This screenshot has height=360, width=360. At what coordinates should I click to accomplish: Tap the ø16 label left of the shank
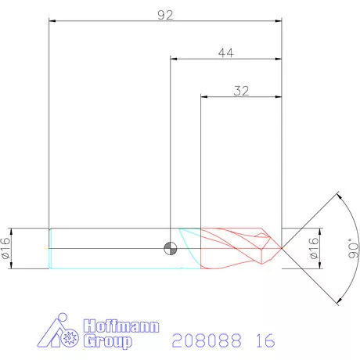coord(6,249)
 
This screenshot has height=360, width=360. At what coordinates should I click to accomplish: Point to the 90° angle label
coord(354,249)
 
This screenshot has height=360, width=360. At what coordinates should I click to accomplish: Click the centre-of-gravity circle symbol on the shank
coord(170,249)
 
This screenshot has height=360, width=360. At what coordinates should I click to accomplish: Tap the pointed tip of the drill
coord(282,248)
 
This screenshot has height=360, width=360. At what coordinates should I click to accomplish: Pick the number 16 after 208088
coord(265,341)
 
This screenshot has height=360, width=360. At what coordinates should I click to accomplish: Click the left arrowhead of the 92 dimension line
coord(52,21)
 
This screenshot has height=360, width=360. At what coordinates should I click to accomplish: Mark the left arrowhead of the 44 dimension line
coord(174,59)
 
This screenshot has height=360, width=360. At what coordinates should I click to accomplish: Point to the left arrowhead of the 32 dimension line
coord(205,97)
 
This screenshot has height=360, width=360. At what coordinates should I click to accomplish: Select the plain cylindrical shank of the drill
coord(110,249)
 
